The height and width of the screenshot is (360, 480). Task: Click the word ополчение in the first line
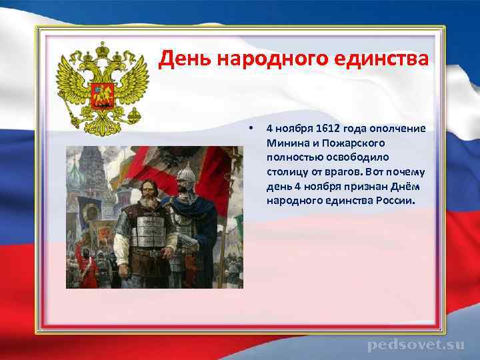(397, 127)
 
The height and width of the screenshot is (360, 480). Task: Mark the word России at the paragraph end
(393, 200)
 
